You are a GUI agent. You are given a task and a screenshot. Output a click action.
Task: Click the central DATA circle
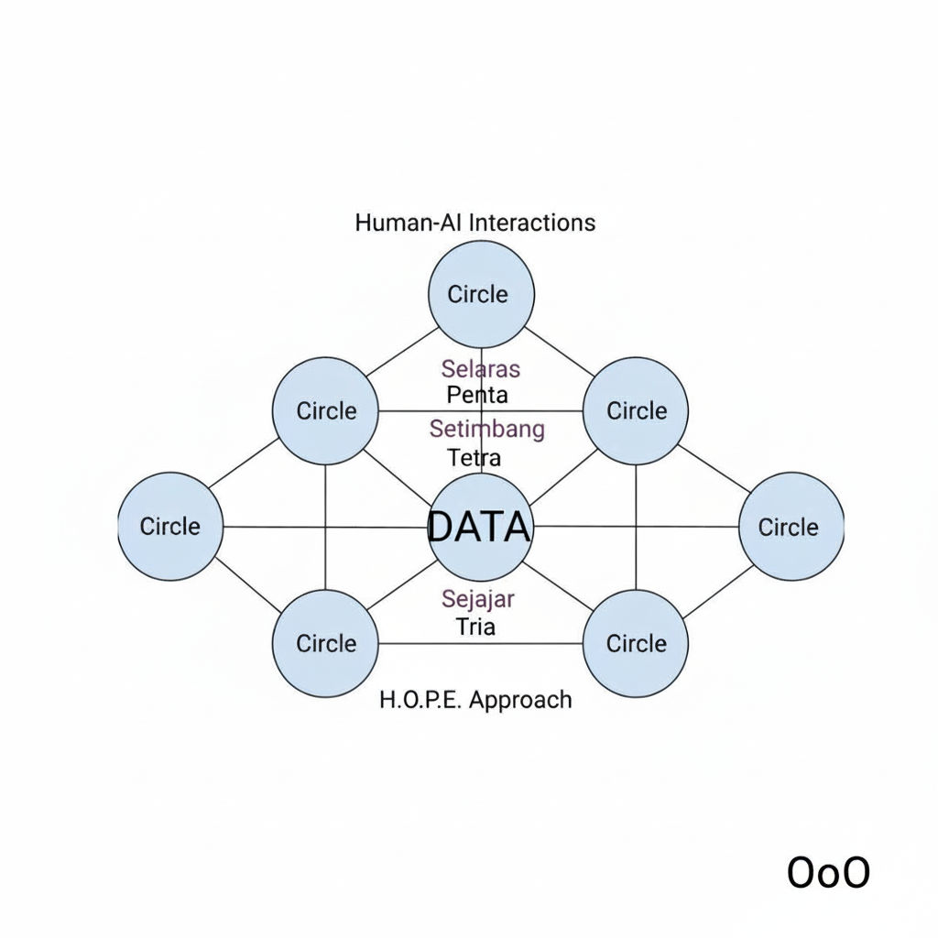tap(480, 527)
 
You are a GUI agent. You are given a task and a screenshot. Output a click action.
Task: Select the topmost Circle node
tap(481, 294)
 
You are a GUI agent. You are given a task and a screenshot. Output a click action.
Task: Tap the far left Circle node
tap(170, 527)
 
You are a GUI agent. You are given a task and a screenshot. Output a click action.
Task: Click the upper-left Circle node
tap(326, 410)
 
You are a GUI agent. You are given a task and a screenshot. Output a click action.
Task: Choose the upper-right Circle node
tap(636, 410)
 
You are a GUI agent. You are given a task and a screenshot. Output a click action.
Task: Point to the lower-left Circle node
tap(326, 643)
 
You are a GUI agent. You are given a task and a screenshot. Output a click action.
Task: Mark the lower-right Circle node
tap(636, 643)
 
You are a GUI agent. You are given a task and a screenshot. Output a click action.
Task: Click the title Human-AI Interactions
tap(474, 223)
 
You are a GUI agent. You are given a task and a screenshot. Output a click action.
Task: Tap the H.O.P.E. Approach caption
tap(474, 701)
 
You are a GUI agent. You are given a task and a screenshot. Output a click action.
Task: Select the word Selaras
tap(480, 369)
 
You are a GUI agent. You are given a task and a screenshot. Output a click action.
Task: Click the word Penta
tap(477, 396)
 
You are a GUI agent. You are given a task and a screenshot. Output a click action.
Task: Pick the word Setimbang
tap(486, 429)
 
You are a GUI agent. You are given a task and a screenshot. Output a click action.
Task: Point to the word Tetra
tap(474, 456)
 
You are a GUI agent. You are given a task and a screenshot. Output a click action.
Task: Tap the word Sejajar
tap(477, 599)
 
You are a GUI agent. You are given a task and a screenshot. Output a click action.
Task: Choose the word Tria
tap(475, 627)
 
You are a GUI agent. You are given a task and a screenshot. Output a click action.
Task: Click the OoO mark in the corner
tap(828, 873)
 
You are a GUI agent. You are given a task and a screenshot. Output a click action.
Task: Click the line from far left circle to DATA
tap(325, 527)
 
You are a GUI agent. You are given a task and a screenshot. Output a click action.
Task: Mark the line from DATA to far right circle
tap(637, 527)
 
